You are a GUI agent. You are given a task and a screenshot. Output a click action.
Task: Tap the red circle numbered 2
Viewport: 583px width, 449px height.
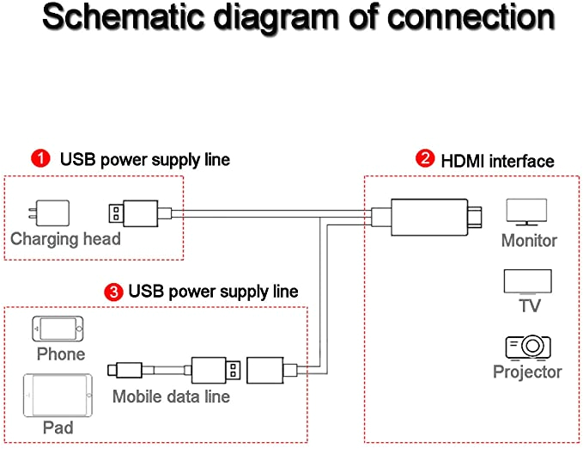point(424,159)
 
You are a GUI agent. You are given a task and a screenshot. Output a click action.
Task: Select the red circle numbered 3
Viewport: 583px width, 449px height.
point(112,292)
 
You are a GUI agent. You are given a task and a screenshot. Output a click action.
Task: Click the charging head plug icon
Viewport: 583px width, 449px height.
point(52,212)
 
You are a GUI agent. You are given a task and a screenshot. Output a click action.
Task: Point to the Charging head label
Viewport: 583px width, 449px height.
point(65,238)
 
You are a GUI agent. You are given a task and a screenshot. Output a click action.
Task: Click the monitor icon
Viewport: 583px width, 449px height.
point(526,212)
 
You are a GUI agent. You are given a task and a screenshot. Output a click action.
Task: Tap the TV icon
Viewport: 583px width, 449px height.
point(527,281)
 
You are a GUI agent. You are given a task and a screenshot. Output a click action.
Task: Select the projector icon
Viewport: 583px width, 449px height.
point(527,346)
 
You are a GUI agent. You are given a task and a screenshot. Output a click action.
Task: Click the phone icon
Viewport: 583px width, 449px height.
point(60,329)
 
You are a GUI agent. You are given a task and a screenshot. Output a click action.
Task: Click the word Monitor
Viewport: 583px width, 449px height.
point(529,241)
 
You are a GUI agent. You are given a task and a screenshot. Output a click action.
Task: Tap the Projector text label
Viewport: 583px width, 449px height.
point(527,372)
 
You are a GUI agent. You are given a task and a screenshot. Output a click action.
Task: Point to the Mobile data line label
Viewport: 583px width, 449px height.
point(171,397)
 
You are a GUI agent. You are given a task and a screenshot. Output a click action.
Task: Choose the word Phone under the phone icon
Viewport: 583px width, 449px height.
point(61,354)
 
